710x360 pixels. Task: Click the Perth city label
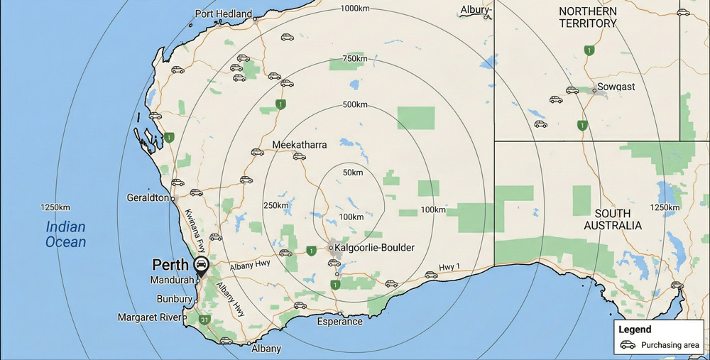coord(170,265)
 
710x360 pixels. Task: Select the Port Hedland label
coord(224,13)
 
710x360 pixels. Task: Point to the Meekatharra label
coord(300,145)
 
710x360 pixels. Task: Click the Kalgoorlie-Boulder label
coord(373,248)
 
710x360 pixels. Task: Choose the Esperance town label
coord(339,322)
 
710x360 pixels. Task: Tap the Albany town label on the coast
coord(266,349)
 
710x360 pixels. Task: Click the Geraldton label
coord(148,197)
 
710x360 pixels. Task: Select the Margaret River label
coord(149,317)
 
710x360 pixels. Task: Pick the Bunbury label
coord(169,299)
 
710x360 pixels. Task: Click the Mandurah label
coord(171,280)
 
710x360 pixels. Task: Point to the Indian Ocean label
coord(65,234)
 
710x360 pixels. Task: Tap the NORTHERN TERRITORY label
coord(587,17)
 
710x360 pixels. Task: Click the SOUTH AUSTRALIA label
coord(613,219)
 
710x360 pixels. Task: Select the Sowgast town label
coord(616,87)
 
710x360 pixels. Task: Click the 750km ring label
coord(354,59)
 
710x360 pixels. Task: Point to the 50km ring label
coord(352,173)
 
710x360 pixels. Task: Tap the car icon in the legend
coord(628,345)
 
